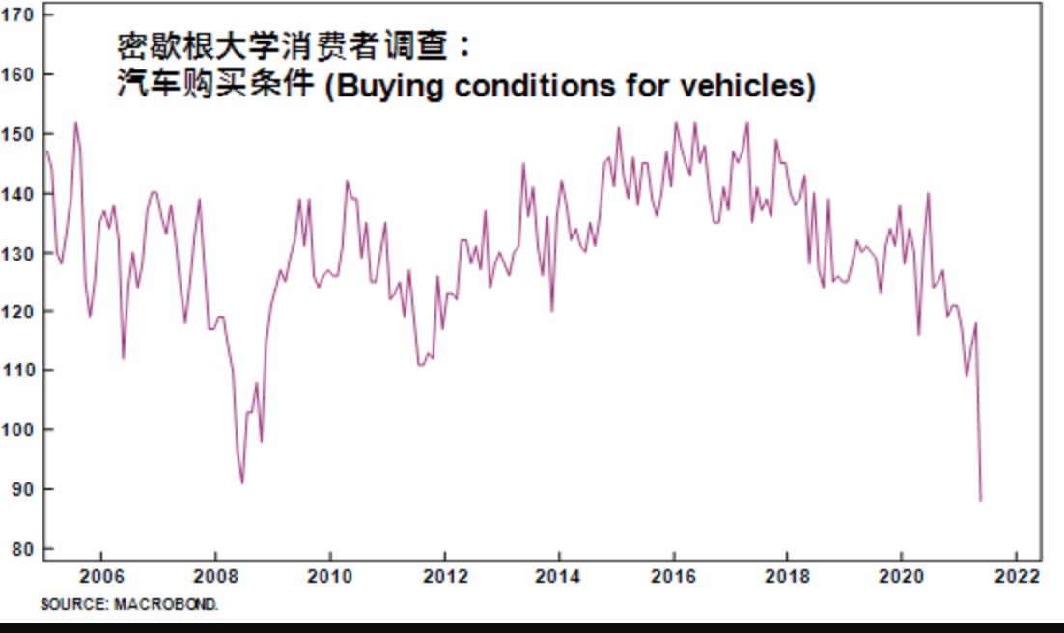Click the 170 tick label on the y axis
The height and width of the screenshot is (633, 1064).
[x=19, y=15]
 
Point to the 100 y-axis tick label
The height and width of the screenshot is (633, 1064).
[x=19, y=429]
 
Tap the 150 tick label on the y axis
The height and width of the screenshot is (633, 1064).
[x=19, y=134]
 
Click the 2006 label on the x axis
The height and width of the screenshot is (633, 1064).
[x=100, y=577]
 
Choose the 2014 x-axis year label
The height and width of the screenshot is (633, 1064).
[x=558, y=577]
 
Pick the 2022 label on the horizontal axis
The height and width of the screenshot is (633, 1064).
[x=1016, y=577]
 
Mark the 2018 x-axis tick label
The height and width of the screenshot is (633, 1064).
[x=787, y=577]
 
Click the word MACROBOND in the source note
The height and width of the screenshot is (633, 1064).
[x=181, y=605]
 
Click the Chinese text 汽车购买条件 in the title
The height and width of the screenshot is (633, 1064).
[x=214, y=85]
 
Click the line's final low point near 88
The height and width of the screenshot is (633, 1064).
[x=981, y=500]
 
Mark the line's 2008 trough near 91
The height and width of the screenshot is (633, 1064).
[x=242, y=482]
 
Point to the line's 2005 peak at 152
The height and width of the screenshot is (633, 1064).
[x=75, y=123]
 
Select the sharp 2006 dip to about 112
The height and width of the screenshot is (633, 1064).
[x=123, y=358]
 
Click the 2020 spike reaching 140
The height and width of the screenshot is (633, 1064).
[x=928, y=194]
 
